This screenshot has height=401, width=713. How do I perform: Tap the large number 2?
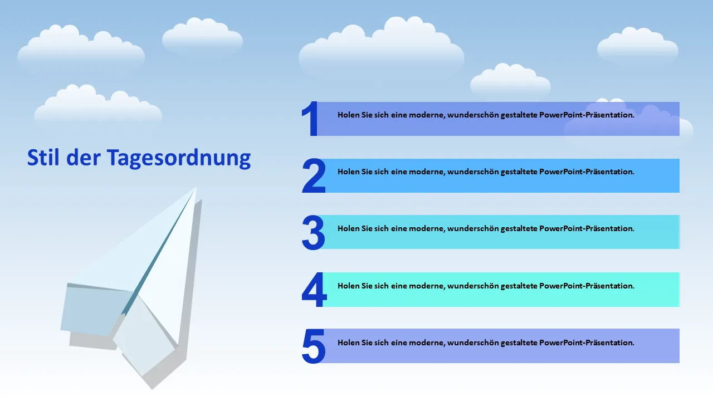click(x=314, y=175)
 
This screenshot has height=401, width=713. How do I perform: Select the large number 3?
click(x=313, y=232)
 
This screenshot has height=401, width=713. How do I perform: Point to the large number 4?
click(x=314, y=289)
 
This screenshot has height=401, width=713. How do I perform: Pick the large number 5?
click(x=314, y=346)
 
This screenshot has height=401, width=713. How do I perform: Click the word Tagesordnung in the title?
click(x=179, y=158)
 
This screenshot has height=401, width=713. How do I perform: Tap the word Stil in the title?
click(x=43, y=157)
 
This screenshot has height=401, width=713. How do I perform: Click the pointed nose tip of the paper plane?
click(x=196, y=188)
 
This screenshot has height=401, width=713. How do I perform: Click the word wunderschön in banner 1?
click(x=473, y=115)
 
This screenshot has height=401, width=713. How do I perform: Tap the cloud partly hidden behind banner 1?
click(x=629, y=121)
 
